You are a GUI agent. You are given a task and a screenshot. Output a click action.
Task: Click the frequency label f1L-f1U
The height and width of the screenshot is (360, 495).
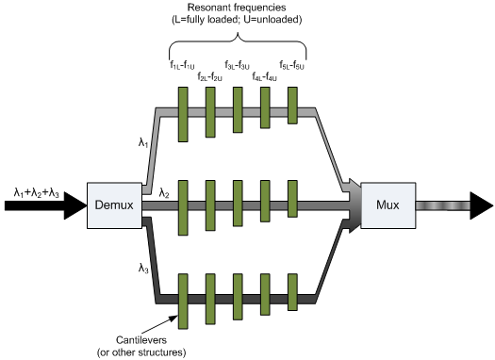(184, 64)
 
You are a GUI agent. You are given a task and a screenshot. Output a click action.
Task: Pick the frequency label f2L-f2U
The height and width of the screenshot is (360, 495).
(211, 76)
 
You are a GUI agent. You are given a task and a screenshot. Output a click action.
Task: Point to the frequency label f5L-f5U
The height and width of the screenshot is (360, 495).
(292, 64)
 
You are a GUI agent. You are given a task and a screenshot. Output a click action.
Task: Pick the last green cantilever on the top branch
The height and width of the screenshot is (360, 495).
(293, 106)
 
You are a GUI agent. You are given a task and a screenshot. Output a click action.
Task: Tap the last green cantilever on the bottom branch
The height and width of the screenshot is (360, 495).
(293, 301)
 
